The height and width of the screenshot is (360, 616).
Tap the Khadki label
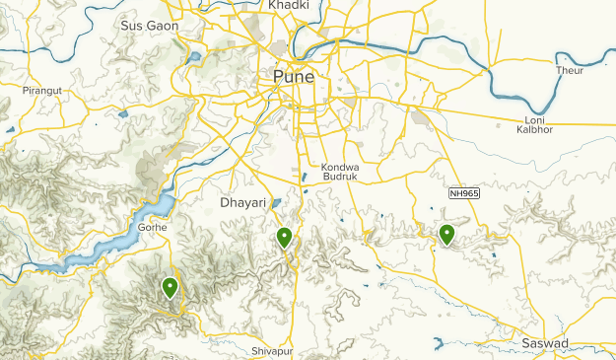click(288, 6)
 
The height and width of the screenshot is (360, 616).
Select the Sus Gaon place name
click(148, 26)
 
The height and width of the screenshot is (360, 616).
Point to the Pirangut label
click(41, 90)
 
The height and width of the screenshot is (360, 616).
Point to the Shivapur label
click(273, 351)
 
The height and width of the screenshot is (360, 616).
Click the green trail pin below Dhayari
click(284, 236)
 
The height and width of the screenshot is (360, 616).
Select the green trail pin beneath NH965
click(447, 234)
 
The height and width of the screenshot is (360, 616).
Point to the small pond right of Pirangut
click(123, 114)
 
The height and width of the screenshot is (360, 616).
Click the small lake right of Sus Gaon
click(194, 57)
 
